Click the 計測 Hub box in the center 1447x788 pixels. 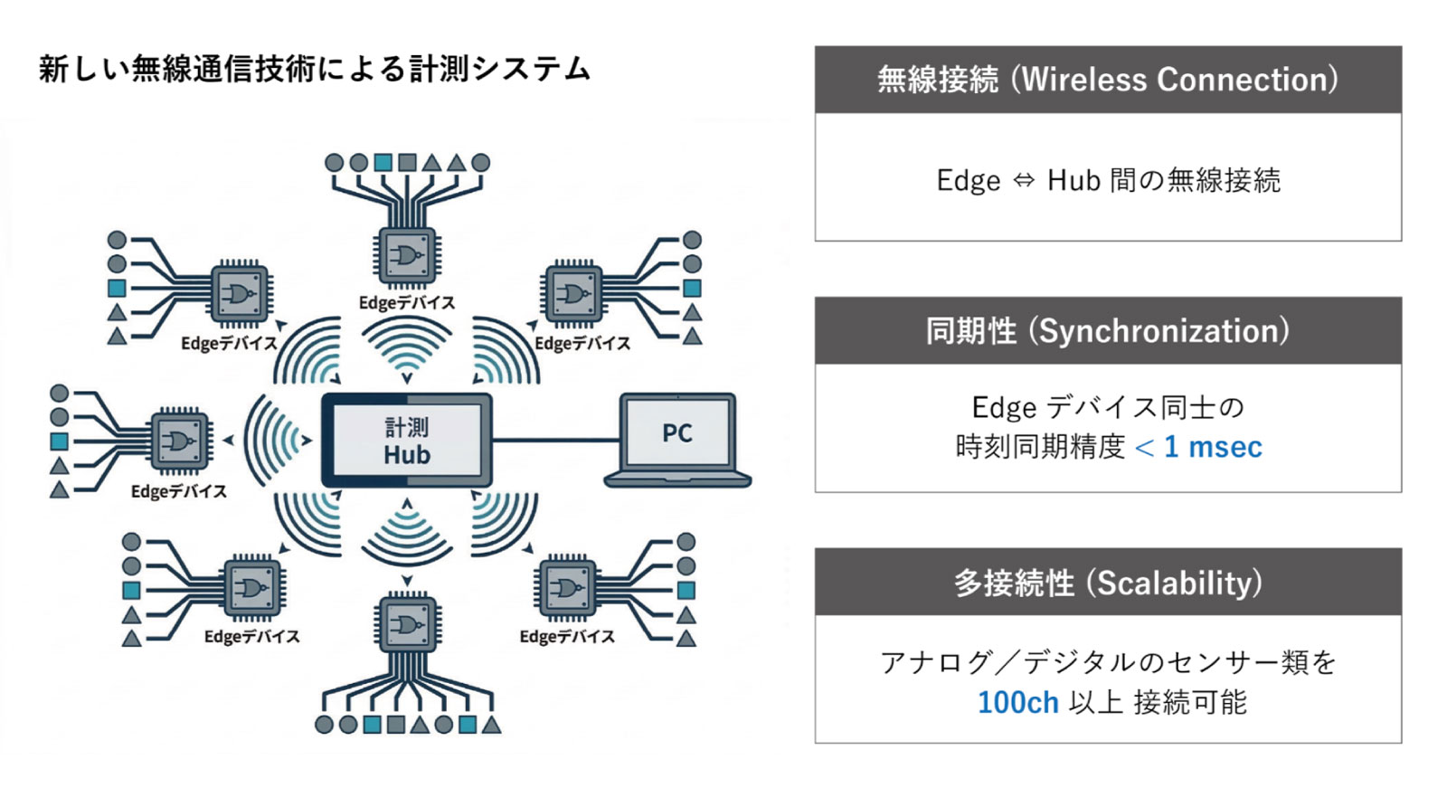coord(407,441)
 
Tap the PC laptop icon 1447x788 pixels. coord(676,440)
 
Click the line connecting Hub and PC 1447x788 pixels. coord(555,441)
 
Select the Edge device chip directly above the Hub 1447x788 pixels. coord(407,257)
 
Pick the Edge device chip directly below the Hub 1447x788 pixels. coord(407,623)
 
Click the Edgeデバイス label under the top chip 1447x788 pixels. coord(407,303)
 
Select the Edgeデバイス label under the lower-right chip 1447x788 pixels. coord(567,637)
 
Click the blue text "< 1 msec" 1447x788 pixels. coord(1198,447)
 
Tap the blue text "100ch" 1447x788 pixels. coord(1017,703)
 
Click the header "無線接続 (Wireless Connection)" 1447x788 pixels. coord(1108,80)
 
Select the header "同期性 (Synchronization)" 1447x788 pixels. coord(1108,331)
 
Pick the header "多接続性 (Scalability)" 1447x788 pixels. coord(1108,583)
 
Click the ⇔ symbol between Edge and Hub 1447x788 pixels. coord(1024,181)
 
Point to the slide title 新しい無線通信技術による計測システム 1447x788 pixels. coord(315,69)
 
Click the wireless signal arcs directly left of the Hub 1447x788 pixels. coord(276,441)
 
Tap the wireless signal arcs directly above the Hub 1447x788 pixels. coord(407,348)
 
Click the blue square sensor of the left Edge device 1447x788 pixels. coord(60,441)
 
